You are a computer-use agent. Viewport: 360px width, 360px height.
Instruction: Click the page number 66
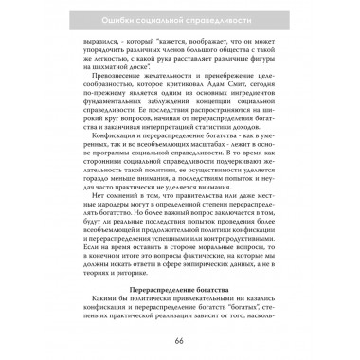click(179, 340)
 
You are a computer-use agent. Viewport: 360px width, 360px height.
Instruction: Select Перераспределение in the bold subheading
click(158, 284)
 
